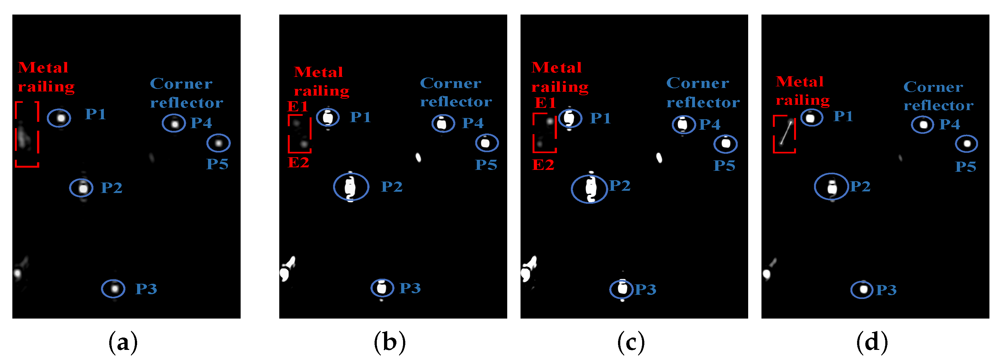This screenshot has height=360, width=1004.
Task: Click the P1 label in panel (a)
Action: [96, 114]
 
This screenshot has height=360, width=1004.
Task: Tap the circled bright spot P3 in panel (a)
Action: [114, 289]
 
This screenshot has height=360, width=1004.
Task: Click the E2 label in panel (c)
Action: [543, 165]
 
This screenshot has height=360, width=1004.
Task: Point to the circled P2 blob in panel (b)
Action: [351, 187]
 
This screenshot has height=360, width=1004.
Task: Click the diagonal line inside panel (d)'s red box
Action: [786, 133]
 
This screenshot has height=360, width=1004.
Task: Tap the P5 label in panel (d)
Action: [965, 167]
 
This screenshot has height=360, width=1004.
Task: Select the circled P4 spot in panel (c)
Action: [683, 125]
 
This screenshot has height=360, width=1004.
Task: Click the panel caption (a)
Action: [123, 342]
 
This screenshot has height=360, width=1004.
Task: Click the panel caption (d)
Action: [872, 342]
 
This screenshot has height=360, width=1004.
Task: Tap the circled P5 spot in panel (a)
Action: [219, 143]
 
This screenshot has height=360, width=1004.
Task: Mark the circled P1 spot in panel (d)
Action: [811, 118]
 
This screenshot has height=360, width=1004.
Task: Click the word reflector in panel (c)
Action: [703, 102]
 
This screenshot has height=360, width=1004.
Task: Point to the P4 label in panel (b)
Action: [473, 123]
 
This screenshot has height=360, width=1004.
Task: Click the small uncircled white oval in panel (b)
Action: [418, 158]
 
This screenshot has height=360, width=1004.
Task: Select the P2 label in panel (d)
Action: [860, 186]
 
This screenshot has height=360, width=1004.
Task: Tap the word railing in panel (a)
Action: [46, 86]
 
